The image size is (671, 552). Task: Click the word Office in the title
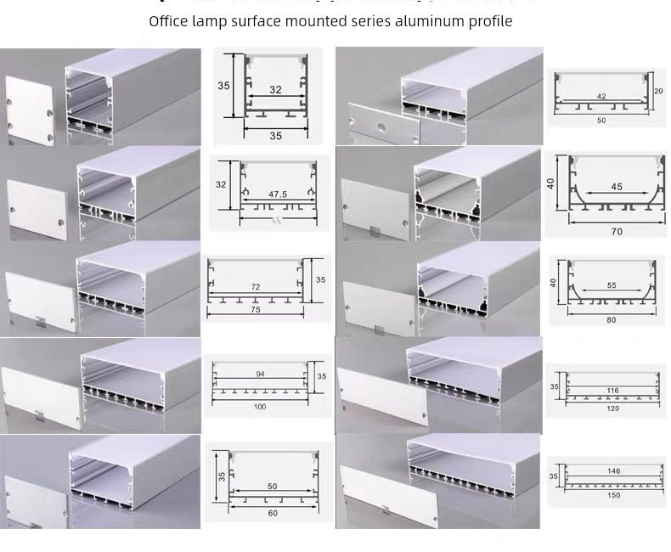168,20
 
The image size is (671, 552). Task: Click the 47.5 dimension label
278,194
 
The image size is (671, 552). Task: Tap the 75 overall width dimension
255,310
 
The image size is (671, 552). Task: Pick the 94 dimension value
260,375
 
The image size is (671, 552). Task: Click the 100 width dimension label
260,407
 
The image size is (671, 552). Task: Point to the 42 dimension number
601,97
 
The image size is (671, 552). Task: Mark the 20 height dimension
659,91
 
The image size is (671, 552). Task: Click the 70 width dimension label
617,232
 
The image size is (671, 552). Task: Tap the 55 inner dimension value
612,287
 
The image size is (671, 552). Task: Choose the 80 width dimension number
612,320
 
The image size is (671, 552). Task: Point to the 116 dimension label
613,391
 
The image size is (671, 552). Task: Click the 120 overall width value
613,408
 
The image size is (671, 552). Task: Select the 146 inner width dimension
613,470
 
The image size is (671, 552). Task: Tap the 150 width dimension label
613,495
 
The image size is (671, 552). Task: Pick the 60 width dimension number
272,513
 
